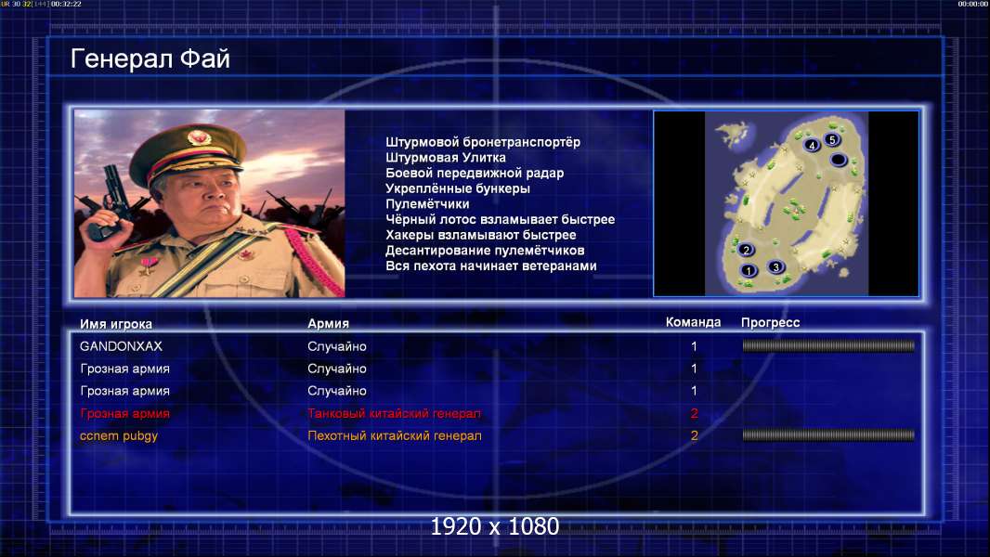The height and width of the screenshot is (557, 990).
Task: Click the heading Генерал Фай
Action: pos(150,59)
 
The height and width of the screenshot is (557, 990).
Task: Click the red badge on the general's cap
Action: pos(198,136)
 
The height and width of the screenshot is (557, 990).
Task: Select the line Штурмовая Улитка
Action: pos(446,158)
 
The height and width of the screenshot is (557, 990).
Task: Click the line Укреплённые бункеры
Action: pos(458,188)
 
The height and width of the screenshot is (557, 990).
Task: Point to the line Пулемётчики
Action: pos(427,203)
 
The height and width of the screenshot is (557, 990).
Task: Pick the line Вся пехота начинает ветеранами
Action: pos(491,266)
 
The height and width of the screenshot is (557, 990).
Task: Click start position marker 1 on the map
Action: pos(749,271)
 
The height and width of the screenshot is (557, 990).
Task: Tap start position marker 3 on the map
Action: pos(776,266)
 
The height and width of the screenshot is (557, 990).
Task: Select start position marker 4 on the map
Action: pos(812,145)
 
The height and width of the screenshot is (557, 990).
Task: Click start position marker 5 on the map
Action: pos(832,139)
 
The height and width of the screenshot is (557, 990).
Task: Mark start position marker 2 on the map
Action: pos(746,250)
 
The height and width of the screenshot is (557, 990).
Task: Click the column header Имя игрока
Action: pos(115,324)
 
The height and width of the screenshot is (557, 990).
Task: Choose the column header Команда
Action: pos(693,322)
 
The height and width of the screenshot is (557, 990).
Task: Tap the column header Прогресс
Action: pos(770,322)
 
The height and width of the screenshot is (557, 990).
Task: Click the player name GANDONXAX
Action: pos(122,346)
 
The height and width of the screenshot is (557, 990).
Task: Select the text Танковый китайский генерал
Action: pos(394,413)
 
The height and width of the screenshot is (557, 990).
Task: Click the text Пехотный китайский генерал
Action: pos(395,435)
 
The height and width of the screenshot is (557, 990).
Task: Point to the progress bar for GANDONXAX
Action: pos(828,345)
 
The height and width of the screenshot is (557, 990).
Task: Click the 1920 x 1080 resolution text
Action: pos(495,526)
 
